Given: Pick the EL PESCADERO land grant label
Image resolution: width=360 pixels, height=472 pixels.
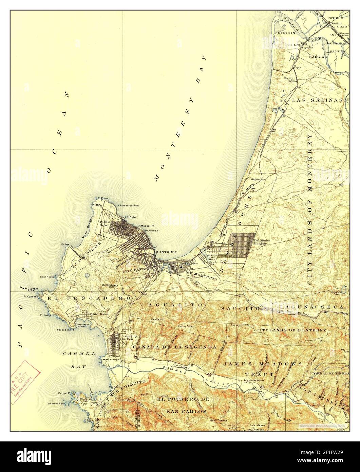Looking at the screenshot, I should (x=90, y=298).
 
